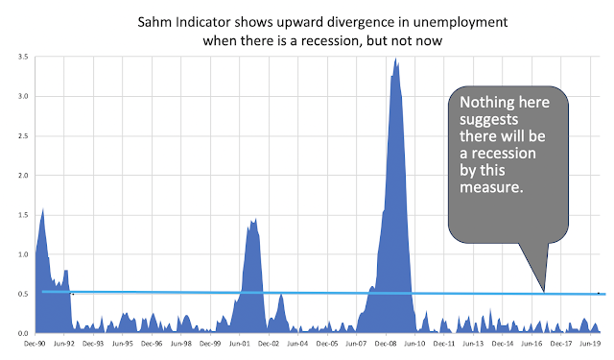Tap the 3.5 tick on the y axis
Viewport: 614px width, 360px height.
[x=22, y=58]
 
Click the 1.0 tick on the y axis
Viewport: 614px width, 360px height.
[x=22, y=254]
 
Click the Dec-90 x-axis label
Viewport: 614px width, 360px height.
[x=36, y=343]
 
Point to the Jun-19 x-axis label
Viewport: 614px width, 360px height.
[x=591, y=343]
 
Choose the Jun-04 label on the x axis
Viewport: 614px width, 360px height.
[x=299, y=343]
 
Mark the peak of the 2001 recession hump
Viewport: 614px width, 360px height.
[x=254, y=220]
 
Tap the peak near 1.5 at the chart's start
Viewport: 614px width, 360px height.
[x=43, y=209]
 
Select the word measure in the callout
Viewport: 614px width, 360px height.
[x=492, y=187]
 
